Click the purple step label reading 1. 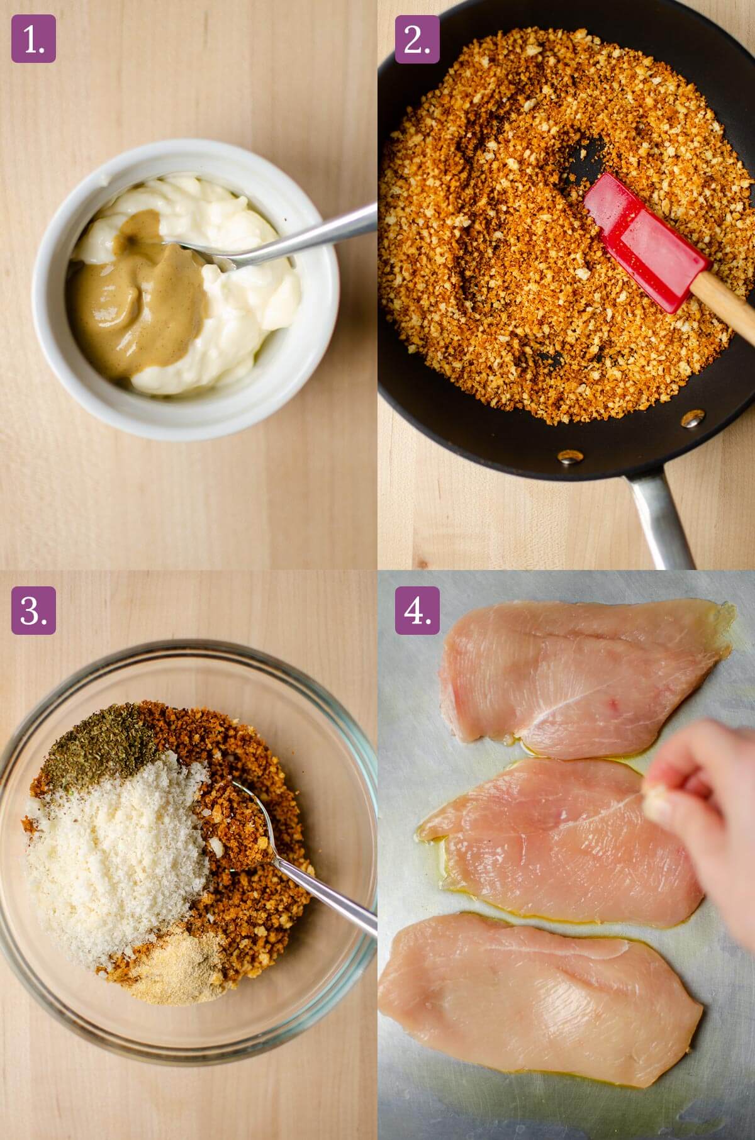click(x=33, y=39)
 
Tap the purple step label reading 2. click(x=417, y=39)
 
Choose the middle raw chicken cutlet click(x=554, y=843)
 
